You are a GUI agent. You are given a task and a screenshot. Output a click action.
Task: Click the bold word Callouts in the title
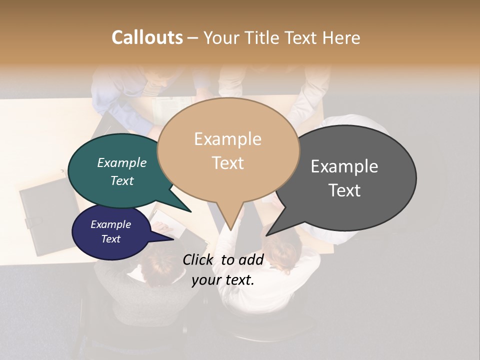click(147, 37)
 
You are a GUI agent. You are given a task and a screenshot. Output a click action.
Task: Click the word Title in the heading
click(264, 37)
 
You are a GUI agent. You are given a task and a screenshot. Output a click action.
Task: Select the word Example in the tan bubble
click(227, 139)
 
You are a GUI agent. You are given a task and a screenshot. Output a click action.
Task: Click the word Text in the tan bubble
click(227, 162)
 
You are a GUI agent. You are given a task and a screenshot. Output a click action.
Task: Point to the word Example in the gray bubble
click(344, 166)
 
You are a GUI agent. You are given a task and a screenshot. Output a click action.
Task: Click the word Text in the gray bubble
click(344, 190)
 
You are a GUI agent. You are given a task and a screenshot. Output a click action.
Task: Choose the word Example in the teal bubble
click(121, 162)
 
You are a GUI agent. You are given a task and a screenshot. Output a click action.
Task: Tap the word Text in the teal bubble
click(121, 180)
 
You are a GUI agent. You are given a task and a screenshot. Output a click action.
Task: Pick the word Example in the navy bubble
click(110, 224)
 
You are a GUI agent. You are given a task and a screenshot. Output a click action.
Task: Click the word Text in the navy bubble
click(110, 239)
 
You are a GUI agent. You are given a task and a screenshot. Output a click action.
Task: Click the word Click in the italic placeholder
click(199, 259)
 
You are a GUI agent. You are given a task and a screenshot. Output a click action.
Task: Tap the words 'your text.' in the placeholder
click(223, 280)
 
